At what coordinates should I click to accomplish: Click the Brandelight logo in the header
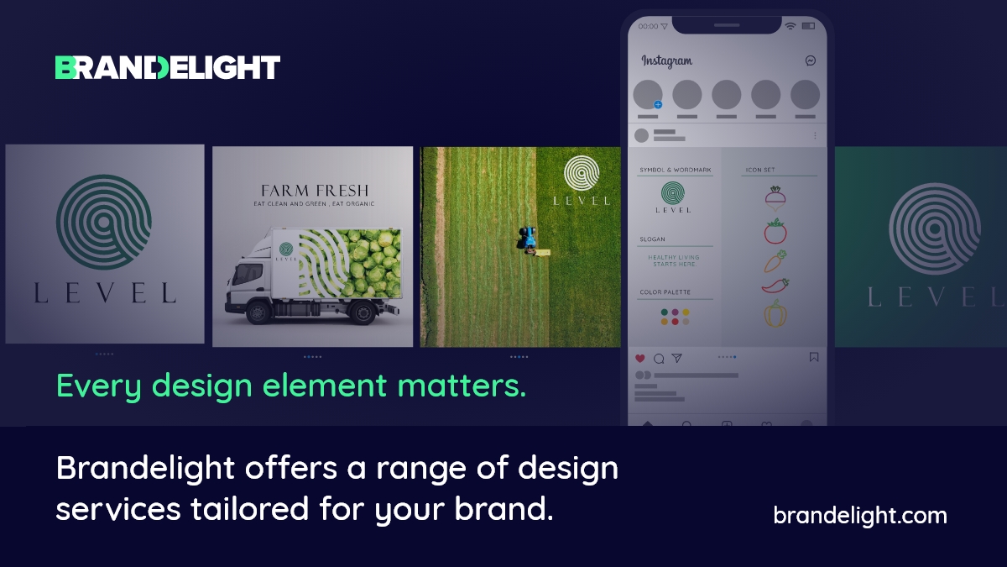pos(168,67)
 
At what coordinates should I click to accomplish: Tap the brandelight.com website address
pos(859,515)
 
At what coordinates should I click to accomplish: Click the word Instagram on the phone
pos(667,60)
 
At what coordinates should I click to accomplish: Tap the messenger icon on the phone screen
pos(811,60)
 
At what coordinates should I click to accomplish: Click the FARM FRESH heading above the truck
pos(315,190)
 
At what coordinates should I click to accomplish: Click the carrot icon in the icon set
pos(774,260)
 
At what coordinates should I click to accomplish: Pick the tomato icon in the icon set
pos(775,231)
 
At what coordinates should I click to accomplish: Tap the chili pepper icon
pos(775,286)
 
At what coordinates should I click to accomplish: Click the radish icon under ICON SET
pos(775,199)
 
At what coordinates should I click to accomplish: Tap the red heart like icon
pos(640,358)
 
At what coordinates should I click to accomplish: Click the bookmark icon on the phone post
pos(813,357)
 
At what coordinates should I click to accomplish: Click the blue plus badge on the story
pos(658,105)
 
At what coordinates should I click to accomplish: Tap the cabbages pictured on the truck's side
pos(369,260)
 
